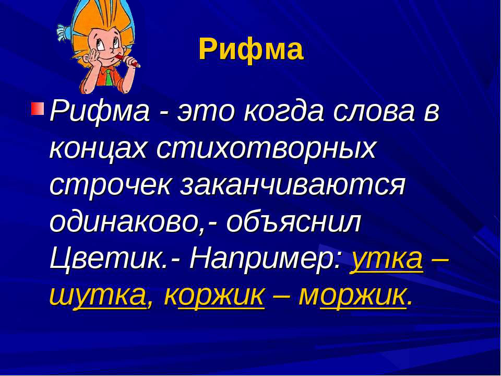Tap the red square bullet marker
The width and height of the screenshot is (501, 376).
click(38, 109)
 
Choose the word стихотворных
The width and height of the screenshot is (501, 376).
click(266, 149)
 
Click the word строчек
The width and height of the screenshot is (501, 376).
click(110, 186)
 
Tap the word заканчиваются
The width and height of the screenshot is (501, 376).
click(292, 185)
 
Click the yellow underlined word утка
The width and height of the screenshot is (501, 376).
click(387, 261)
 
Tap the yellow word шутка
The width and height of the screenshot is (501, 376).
click(98, 296)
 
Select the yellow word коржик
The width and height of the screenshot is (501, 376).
click(214, 296)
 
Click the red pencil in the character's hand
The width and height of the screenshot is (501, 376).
click(128, 61)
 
